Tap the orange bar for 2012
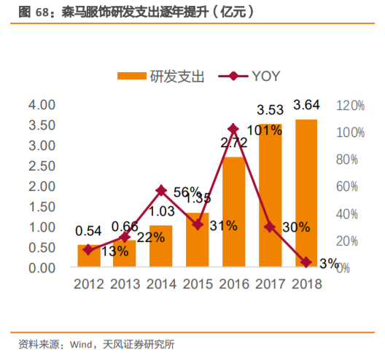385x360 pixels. click(89, 256)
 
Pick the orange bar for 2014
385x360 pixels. click(161, 246)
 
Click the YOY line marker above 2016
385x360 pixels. click(233, 128)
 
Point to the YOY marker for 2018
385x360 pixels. click(306, 262)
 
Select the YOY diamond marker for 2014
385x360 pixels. click(161, 190)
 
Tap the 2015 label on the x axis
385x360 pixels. click(197, 284)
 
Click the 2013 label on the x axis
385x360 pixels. click(125, 284)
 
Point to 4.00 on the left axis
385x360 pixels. click(42, 105)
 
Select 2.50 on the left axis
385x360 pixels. click(42, 166)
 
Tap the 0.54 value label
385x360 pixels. click(89, 232)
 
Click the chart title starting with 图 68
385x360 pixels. click(114, 12)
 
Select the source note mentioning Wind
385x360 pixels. click(96, 343)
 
